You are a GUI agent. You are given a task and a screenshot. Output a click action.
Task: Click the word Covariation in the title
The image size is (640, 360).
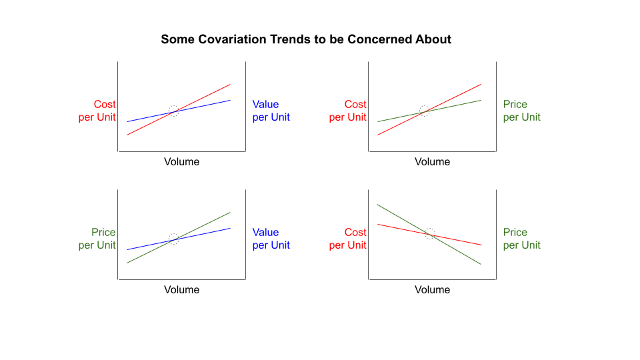pyautogui.click(x=233, y=39)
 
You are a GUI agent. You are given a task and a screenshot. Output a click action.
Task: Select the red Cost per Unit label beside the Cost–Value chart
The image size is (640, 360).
pyautogui.click(x=97, y=111)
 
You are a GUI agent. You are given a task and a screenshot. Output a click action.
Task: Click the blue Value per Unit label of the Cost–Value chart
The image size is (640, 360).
pyautogui.click(x=271, y=111)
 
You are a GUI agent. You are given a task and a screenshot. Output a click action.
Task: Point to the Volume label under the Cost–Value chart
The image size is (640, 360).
pyautogui.click(x=181, y=161)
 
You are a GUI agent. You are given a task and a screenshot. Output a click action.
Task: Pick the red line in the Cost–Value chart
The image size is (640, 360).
pyautogui.click(x=179, y=109)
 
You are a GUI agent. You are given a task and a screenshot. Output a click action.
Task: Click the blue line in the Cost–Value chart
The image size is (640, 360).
pyautogui.click(x=179, y=111)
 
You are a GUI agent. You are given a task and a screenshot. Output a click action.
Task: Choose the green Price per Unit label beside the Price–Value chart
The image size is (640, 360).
pyautogui.click(x=97, y=239)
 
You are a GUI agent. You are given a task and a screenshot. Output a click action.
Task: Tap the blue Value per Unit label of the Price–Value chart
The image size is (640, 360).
pyautogui.click(x=271, y=239)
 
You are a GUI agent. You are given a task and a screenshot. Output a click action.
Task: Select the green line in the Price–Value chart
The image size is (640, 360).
pyautogui.click(x=179, y=237)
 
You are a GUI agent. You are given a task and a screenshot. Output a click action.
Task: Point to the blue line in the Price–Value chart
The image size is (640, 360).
pyautogui.click(x=179, y=239)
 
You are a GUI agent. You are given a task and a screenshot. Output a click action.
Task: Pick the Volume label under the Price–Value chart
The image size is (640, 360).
pyautogui.click(x=181, y=290)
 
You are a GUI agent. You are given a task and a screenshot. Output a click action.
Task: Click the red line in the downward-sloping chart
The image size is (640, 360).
pyautogui.click(x=430, y=235)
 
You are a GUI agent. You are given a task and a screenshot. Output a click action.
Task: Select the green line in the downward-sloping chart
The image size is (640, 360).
pyautogui.click(x=429, y=234)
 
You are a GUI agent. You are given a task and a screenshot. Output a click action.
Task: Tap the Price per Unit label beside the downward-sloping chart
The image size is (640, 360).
pyautogui.click(x=521, y=239)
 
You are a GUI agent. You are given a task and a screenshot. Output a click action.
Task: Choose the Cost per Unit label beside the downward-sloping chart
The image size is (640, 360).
pyautogui.click(x=348, y=239)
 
